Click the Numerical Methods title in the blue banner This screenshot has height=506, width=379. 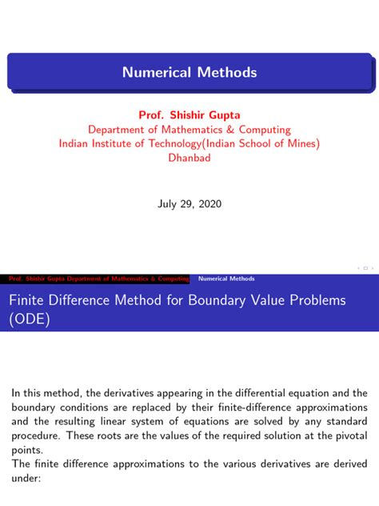(189, 73)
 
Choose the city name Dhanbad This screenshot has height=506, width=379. (189, 158)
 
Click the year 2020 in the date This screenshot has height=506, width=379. (209, 204)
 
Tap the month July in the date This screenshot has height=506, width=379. (166, 204)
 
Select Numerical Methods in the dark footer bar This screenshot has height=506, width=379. (226, 279)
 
